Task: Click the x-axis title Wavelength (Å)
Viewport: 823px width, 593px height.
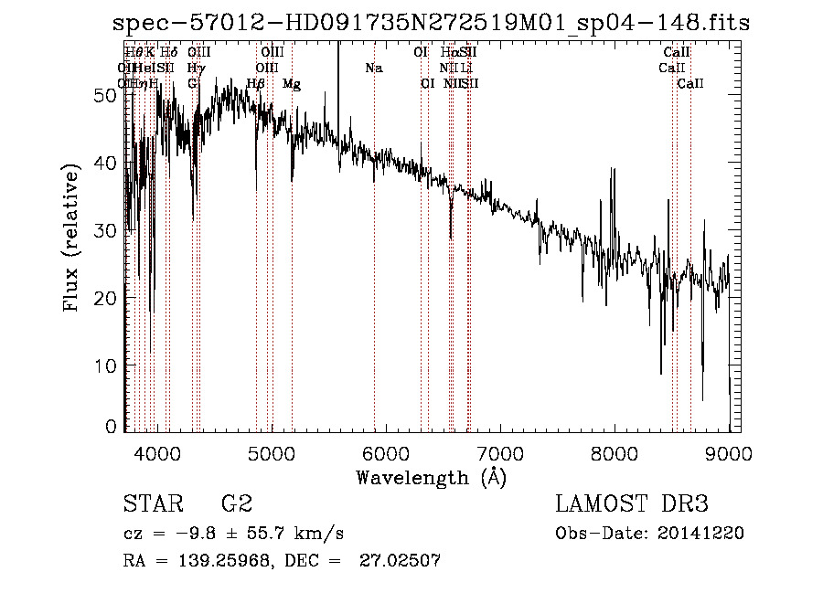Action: [x=431, y=477]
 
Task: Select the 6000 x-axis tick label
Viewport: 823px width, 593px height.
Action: [x=385, y=452]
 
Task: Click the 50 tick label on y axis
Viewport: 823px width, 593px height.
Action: [x=105, y=95]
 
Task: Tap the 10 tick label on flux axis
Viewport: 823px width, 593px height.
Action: [x=105, y=365]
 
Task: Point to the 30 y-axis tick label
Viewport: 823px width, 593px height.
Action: [x=105, y=230]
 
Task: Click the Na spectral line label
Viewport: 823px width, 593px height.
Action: [x=373, y=69]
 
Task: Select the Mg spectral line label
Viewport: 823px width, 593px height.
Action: [x=292, y=84]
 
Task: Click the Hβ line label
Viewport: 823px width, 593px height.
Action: [x=256, y=84]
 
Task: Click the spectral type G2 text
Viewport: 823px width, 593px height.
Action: [x=236, y=504]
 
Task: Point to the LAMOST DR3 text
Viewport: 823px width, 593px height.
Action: [x=632, y=504]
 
